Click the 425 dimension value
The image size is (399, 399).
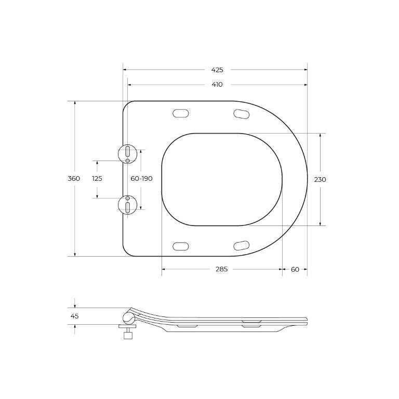[217, 70]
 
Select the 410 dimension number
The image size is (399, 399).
[217, 85]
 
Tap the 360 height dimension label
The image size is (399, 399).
[74, 179]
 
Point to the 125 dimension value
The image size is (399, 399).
[97, 179]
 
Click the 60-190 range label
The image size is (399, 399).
[141, 179]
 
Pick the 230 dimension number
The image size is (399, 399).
[320, 179]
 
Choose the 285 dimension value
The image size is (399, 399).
[222, 269]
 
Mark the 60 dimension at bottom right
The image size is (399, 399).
[295, 269]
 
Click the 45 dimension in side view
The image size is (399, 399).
[75, 316]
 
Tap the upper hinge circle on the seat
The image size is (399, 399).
[127, 153]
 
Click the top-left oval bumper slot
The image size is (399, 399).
[180, 112]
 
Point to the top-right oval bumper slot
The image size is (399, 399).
[241, 113]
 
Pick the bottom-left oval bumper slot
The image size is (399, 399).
[180, 245]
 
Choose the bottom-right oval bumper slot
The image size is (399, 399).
[241, 245]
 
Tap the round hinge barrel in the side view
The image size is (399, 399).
[128, 317]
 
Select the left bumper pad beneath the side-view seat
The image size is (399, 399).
[187, 326]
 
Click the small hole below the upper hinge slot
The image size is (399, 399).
[127, 161]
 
